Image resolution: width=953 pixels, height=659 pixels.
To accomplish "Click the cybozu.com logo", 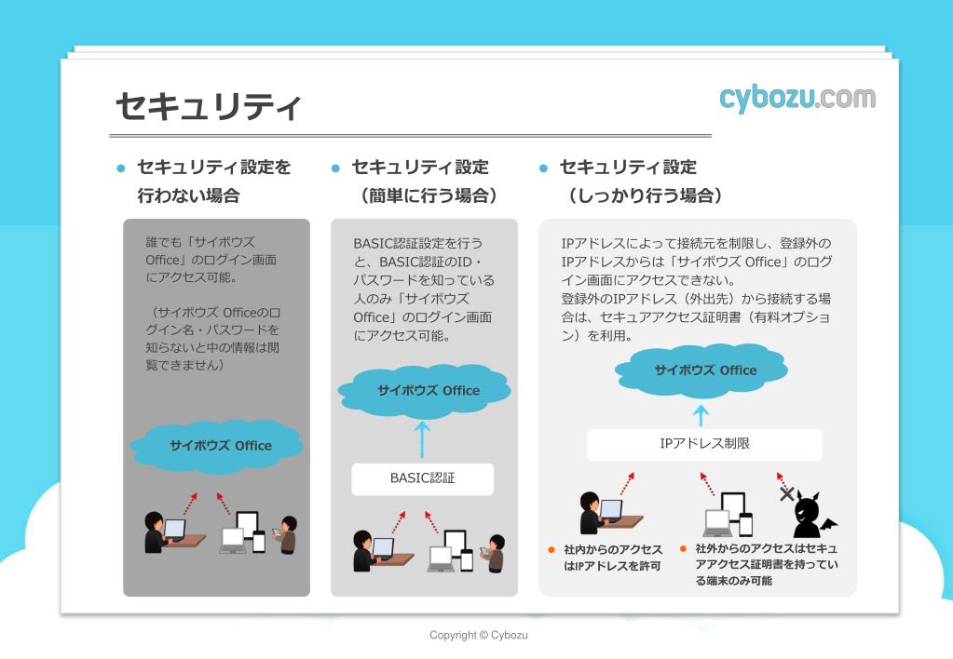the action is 796,98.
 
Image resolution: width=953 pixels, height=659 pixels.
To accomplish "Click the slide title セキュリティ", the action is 208,107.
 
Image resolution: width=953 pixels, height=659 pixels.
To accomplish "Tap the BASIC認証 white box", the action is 422,479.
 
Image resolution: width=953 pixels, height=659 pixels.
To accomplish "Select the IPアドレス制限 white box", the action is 704,444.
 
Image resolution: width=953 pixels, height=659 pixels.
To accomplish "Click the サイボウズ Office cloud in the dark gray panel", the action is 220,445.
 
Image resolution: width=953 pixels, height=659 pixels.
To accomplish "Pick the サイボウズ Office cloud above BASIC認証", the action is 428,390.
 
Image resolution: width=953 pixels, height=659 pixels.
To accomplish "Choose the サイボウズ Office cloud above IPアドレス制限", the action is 704,370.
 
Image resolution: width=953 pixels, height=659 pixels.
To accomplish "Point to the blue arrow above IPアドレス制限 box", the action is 701,414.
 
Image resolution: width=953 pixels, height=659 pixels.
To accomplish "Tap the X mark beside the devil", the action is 786,493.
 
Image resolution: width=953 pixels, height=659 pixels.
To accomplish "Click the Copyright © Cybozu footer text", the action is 478,635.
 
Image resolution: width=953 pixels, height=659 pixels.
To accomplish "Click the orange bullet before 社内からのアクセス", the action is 551,549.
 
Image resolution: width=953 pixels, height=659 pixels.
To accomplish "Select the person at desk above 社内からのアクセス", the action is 596,513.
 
